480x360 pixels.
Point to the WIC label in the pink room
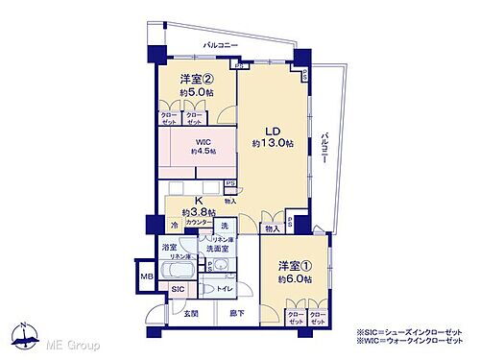202,141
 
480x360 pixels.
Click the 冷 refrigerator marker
175,225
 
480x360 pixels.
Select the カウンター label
196,224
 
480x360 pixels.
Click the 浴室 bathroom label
170,247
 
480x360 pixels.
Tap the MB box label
147,277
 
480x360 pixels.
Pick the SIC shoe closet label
178,288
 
